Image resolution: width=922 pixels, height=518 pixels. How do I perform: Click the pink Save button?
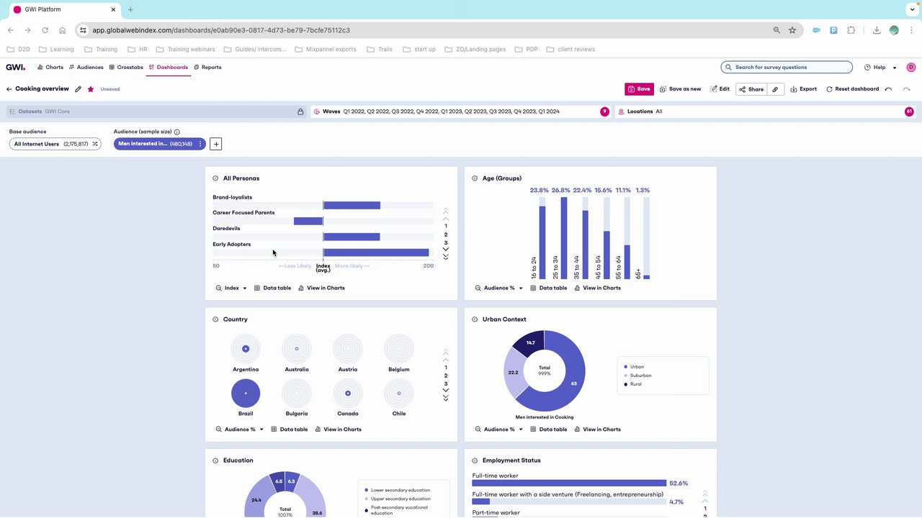(639, 89)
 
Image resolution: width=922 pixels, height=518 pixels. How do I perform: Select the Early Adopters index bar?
(376, 253)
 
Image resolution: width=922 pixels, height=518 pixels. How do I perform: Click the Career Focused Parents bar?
(308, 221)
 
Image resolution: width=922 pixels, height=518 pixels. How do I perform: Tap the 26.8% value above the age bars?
(560, 191)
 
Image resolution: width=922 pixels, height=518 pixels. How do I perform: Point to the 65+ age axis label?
(638, 273)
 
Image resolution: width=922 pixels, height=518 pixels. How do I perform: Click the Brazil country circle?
(246, 394)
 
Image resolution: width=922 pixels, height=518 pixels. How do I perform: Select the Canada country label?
(347, 414)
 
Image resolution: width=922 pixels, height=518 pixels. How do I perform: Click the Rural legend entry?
(636, 384)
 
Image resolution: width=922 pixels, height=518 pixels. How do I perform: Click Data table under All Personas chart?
(273, 288)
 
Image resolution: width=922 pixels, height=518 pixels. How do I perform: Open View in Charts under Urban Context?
(597, 430)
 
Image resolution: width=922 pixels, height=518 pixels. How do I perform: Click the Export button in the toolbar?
(804, 89)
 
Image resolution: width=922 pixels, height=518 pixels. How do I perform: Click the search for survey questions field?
(787, 68)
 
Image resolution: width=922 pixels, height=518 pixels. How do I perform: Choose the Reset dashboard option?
(853, 89)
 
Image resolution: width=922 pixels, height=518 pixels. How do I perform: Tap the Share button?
(751, 89)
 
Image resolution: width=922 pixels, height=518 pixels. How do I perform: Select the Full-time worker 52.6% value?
(679, 483)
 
